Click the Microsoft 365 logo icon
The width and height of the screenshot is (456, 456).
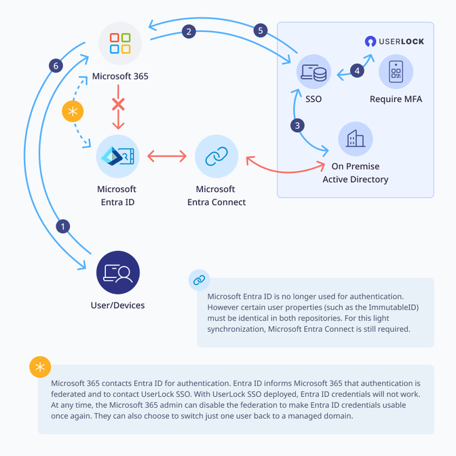pos(120,43)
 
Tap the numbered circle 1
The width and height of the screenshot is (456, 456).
pos(63,227)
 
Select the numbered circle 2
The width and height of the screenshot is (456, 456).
pos(189,31)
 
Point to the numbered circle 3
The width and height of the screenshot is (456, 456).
pos(297,125)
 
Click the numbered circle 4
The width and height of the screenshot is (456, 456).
pos(356,71)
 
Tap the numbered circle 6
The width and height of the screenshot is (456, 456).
pos(57,66)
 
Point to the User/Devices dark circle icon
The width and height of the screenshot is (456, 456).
pos(118,272)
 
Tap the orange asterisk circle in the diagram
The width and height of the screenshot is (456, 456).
pos(73,112)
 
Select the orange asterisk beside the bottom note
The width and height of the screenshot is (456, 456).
pos(40,367)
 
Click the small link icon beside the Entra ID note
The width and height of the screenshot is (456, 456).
pos(199,280)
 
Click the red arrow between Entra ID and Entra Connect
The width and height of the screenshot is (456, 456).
pos(167,157)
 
